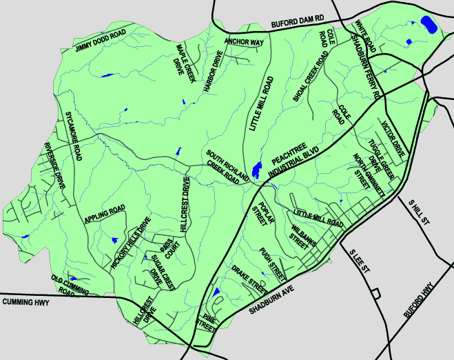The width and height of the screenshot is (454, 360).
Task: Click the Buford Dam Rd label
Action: click(x=297, y=23)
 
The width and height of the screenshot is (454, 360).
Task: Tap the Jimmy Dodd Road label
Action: click(x=101, y=41)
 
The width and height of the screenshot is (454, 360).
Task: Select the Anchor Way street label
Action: click(x=244, y=41)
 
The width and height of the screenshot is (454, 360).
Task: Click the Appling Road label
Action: click(x=105, y=214)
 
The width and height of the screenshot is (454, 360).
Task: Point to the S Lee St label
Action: click(x=360, y=264)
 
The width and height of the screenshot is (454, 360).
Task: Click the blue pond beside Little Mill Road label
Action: click(x=256, y=168)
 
